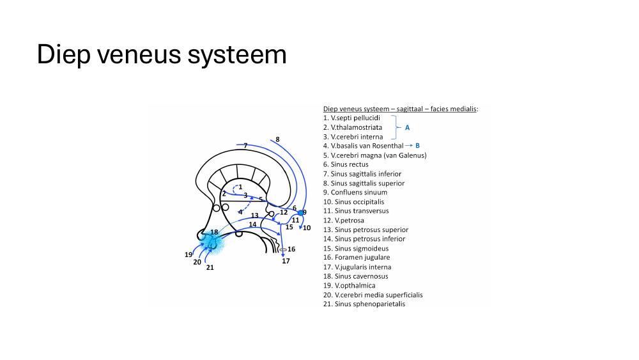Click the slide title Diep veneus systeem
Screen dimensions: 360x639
(x=162, y=55)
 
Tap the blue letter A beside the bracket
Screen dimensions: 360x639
(x=407, y=128)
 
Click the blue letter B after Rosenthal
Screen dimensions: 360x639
(x=417, y=146)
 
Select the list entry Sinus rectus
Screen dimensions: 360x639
(x=346, y=164)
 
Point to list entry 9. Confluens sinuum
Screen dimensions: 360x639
(x=355, y=192)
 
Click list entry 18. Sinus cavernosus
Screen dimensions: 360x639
(x=355, y=276)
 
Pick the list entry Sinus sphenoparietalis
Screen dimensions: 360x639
(x=364, y=304)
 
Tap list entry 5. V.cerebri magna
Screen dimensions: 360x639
(x=374, y=155)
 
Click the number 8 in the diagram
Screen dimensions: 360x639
(x=277, y=139)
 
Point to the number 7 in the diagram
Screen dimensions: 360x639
(x=245, y=146)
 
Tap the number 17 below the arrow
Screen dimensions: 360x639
(x=286, y=261)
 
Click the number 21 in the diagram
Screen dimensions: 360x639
(x=210, y=268)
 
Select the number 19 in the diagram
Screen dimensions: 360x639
(x=189, y=254)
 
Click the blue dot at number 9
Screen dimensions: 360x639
(x=300, y=213)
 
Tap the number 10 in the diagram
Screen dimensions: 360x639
(x=307, y=228)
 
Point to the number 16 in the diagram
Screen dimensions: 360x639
(x=291, y=249)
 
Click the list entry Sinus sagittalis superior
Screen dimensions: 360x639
(x=364, y=183)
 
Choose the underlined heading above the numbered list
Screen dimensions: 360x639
(x=400, y=109)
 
